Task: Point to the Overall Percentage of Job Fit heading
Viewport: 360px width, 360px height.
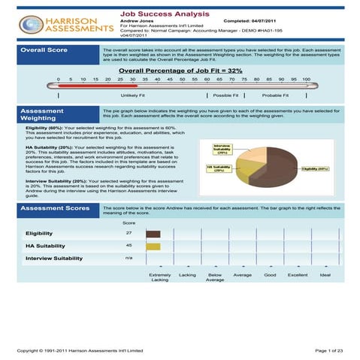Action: tap(180, 70)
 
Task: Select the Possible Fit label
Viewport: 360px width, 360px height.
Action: tap(225, 96)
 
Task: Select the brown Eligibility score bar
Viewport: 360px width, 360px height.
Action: tap(153, 234)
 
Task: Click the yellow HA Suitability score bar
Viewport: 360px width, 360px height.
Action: tap(153, 246)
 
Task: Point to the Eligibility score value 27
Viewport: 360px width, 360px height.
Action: tap(129, 234)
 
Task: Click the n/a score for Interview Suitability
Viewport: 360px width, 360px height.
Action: tap(129, 259)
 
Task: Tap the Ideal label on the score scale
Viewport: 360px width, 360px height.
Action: tap(325, 275)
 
